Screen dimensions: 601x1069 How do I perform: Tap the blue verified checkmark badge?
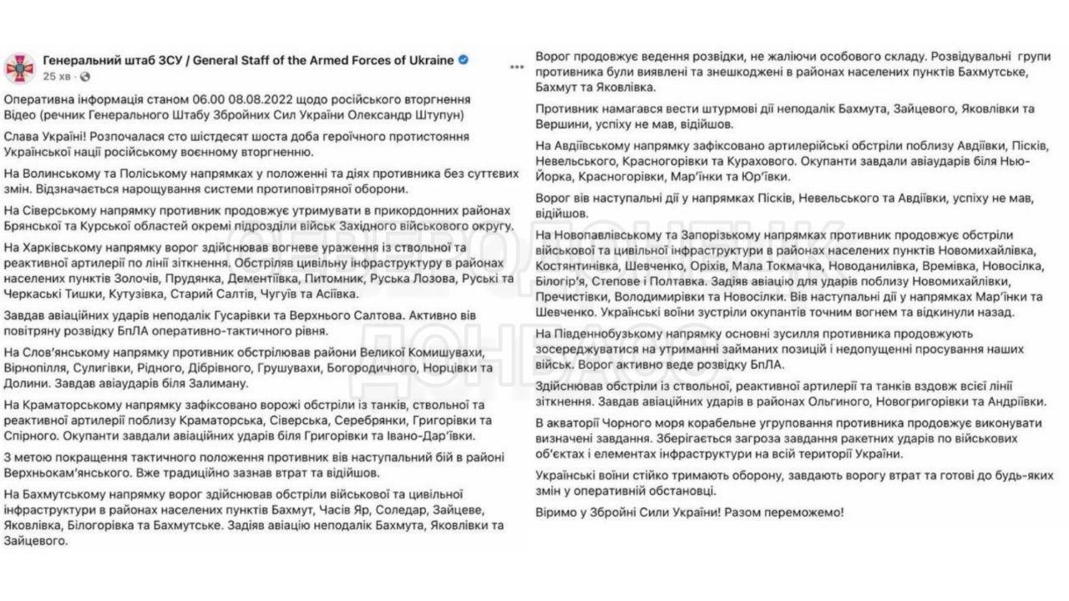(464, 60)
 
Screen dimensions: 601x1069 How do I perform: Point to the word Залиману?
(211, 383)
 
